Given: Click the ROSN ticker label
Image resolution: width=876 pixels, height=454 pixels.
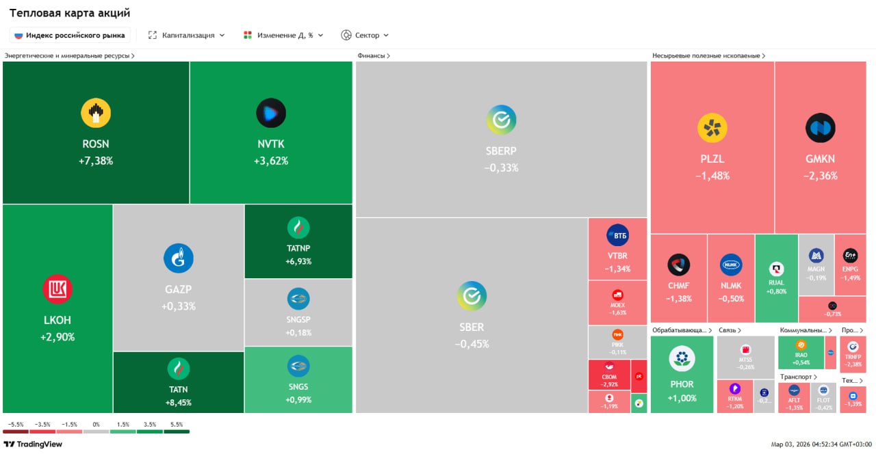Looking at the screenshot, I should [95, 144].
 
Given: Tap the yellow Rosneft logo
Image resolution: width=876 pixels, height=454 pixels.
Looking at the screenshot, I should [95, 113].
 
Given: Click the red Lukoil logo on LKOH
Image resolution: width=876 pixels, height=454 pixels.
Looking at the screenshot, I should [57, 289].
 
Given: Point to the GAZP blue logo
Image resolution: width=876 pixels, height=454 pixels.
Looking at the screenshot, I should [178, 258].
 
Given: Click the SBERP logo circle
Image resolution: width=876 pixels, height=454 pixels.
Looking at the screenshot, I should [501, 120].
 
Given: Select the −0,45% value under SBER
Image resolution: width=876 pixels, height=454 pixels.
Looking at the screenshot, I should [472, 344].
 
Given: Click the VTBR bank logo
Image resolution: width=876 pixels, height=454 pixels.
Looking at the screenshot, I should [617, 236].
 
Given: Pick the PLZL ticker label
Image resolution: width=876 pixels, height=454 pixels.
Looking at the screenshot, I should [712, 159].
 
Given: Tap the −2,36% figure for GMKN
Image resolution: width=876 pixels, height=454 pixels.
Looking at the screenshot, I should [820, 176].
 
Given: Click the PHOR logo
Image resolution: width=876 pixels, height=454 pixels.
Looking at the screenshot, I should [682, 358].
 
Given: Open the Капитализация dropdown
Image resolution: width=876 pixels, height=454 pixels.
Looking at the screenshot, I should [187, 35].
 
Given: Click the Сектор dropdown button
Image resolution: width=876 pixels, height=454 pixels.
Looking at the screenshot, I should [365, 35].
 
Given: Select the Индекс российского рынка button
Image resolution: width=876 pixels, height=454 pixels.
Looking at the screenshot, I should [70, 35].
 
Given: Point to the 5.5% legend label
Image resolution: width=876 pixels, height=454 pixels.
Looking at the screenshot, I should [177, 425].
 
